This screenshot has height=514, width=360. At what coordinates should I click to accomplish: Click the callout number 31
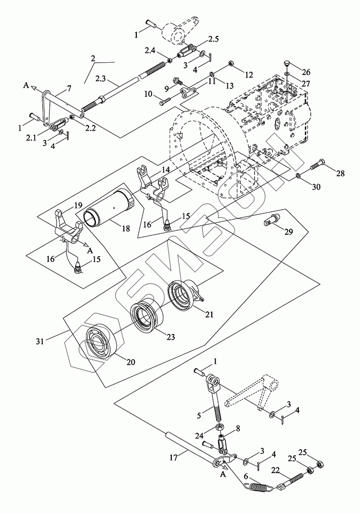point(40,341)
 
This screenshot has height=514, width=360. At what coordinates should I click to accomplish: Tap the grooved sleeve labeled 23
point(147,317)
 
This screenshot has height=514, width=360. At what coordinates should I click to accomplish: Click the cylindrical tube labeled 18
point(109,207)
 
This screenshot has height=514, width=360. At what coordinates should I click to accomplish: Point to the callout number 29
point(289,232)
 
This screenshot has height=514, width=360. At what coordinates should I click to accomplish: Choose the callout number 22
point(276,470)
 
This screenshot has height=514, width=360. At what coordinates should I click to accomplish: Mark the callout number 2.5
point(213,40)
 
